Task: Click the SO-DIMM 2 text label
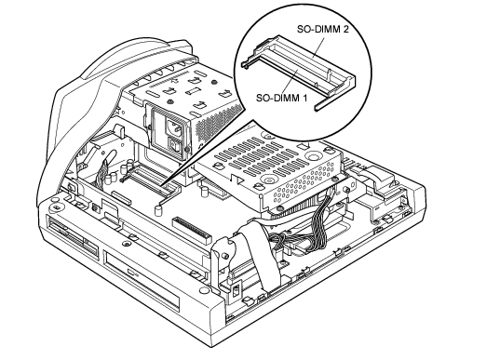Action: pyautogui.click(x=323, y=29)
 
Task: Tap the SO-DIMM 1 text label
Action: pyautogui.click(x=282, y=98)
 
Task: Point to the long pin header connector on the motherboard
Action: pyautogui.click(x=192, y=230)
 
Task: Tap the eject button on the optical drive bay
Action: pyautogui.click(x=131, y=272)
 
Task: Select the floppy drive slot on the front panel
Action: pyautogui.click(x=74, y=236)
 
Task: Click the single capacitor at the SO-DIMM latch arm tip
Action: pyautogui.click(x=157, y=210)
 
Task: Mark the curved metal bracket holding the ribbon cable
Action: pyautogui.click(x=223, y=258)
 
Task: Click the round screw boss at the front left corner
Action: pyautogui.click(x=56, y=207)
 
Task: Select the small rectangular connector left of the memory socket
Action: pyautogui.click(x=121, y=198)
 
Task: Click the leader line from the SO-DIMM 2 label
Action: pyautogui.click(x=319, y=47)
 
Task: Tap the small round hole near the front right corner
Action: pyautogui.click(x=203, y=290)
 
